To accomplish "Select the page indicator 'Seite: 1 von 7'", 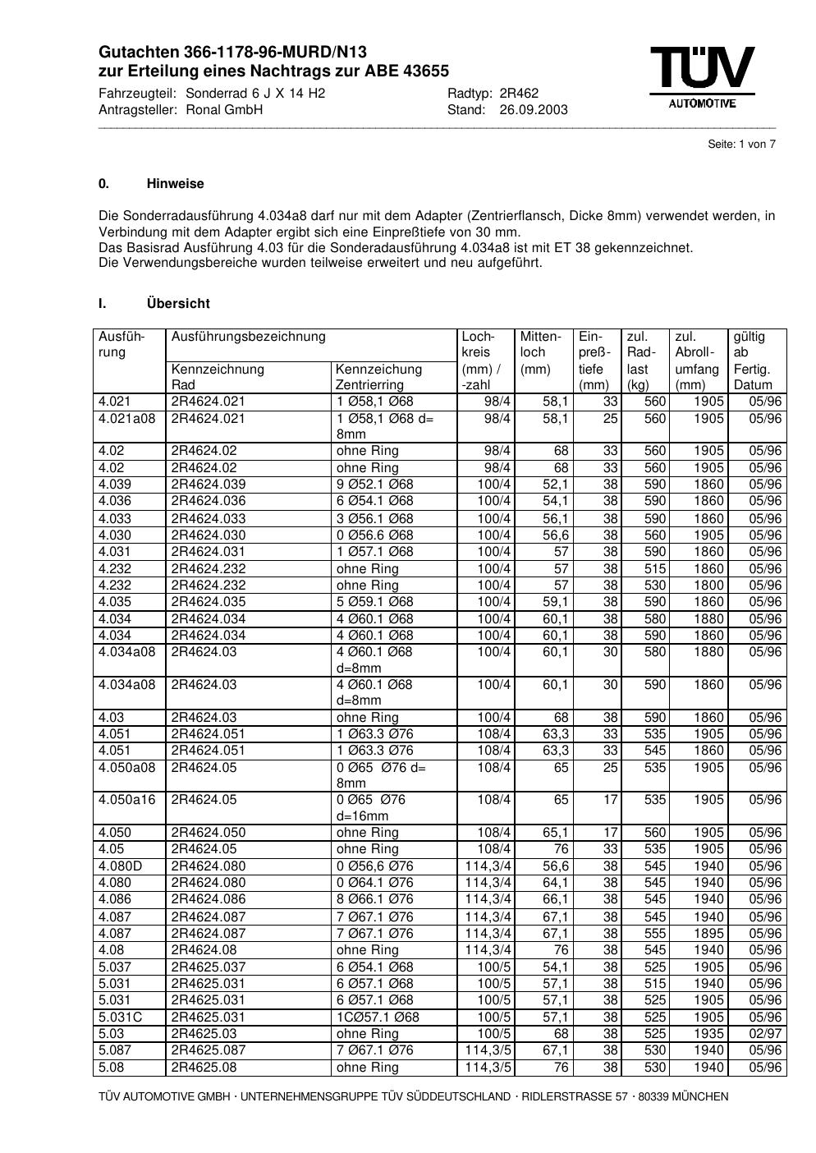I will tap(741, 145).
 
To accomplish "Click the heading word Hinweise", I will tap(176, 184).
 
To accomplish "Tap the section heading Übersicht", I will tap(178, 304).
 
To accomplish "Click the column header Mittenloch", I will tap(540, 344).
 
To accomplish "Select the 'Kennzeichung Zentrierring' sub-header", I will tap(378, 377).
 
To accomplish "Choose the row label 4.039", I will tap(115, 485).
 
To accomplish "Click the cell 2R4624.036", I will tap(209, 501).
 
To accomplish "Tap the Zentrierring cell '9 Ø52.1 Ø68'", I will tap(375, 485).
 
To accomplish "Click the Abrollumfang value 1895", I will tap(708, 934).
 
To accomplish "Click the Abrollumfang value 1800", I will tap(708, 586).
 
